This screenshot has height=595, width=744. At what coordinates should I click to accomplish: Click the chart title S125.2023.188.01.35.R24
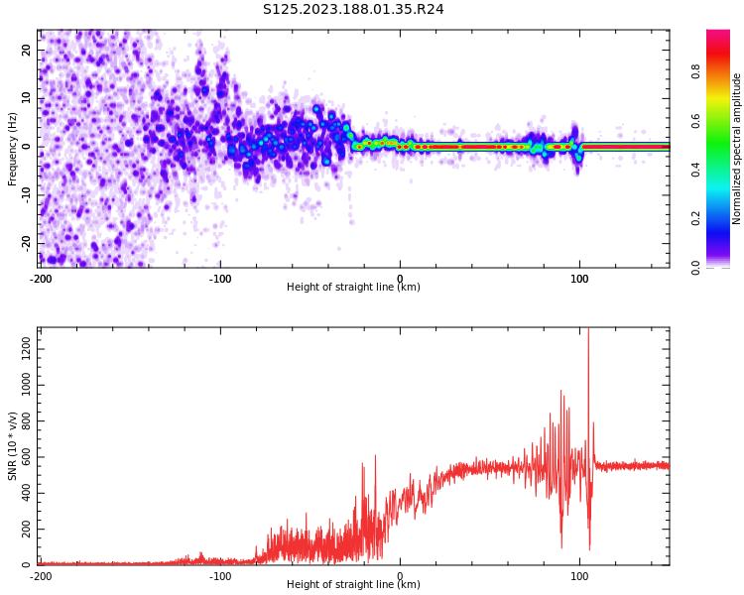(353, 9)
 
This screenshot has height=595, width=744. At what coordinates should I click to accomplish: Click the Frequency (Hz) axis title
(13, 149)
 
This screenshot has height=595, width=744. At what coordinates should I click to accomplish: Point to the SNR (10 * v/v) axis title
(13, 446)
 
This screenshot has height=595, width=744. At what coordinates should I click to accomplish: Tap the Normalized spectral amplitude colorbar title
(737, 149)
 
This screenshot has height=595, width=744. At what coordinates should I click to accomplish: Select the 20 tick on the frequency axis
(27, 50)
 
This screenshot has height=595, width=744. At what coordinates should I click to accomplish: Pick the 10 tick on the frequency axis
(27, 98)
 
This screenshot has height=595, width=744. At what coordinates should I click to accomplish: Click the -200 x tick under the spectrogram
(41, 279)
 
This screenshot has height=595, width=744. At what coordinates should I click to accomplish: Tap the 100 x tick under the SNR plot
(579, 576)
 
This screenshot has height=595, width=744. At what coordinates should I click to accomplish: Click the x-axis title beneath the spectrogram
(353, 288)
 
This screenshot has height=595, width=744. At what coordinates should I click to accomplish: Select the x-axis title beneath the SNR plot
(353, 585)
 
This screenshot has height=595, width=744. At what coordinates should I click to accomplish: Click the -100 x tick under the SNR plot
(220, 576)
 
